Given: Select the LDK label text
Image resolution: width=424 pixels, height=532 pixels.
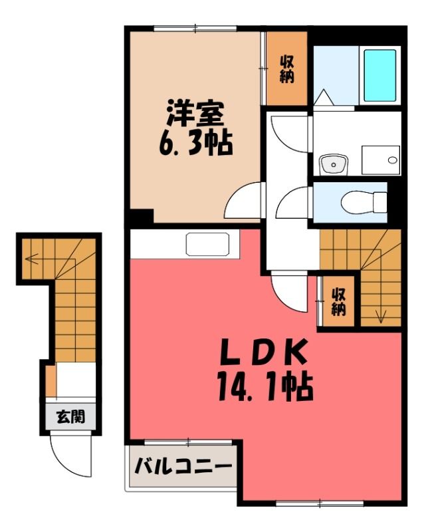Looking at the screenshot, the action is click(x=264, y=351).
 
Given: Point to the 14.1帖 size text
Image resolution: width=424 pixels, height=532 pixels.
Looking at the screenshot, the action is click(x=265, y=386).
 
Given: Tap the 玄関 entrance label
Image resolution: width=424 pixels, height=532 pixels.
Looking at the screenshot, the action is click(x=70, y=417).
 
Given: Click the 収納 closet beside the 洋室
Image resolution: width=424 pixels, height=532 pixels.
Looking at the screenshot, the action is click(x=286, y=68).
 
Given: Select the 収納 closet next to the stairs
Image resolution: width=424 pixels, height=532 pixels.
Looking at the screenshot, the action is click(x=338, y=301).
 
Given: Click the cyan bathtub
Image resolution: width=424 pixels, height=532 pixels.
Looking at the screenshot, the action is click(x=380, y=75).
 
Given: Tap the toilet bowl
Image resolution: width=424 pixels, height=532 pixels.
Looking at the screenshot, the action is click(x=364, y=203).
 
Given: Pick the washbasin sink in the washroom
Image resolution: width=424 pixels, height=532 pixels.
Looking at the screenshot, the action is click(x=334, y=164).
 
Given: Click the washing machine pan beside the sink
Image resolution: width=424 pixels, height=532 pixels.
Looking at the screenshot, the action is click(x=381, y=160).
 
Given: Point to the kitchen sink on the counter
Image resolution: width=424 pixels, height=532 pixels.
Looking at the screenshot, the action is click(x=207, y=244).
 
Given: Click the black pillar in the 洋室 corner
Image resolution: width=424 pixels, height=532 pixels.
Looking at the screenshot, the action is click(x=142, y=216).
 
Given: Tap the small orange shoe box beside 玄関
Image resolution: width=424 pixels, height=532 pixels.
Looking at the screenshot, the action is click(x=51, y=380).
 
